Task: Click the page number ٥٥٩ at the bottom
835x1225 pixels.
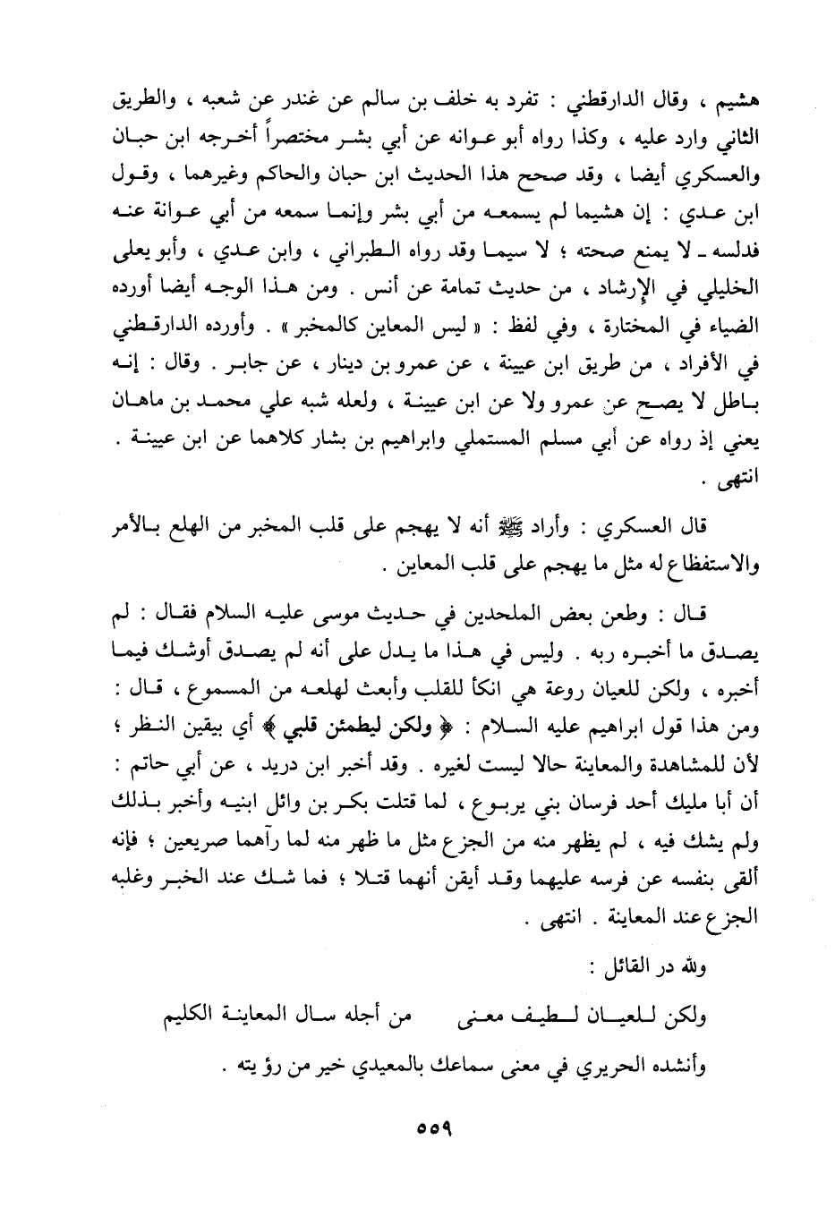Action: (431, 1126)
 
